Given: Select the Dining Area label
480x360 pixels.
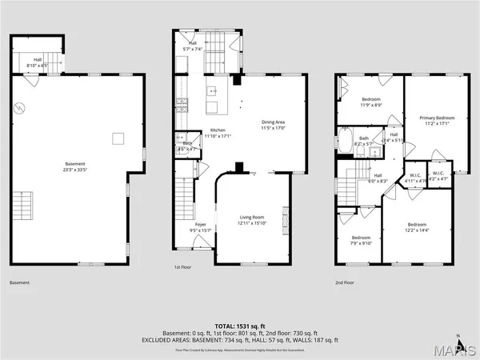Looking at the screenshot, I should [x=273, y=125].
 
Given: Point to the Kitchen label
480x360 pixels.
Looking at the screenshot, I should [x=218, y=133].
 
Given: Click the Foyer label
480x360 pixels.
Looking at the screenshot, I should [x=201, y=228].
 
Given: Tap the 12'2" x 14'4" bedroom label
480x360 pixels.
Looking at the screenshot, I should [x=418, y=227].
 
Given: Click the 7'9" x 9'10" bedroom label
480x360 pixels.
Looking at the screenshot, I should [x=362, y=241].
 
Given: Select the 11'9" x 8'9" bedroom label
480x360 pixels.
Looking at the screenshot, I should [x=370, y=102].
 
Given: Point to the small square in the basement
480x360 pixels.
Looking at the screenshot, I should [x=118, y=138].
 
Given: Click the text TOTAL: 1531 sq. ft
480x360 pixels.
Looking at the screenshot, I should [x=239, y=325].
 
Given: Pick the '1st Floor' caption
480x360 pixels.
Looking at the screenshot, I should [x=183, y=268].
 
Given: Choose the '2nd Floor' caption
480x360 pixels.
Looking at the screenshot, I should [x=345, y=282].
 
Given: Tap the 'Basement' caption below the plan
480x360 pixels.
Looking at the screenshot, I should [x=19, y=282].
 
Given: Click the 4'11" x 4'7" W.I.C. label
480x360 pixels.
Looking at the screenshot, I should [x=414, y=178].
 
